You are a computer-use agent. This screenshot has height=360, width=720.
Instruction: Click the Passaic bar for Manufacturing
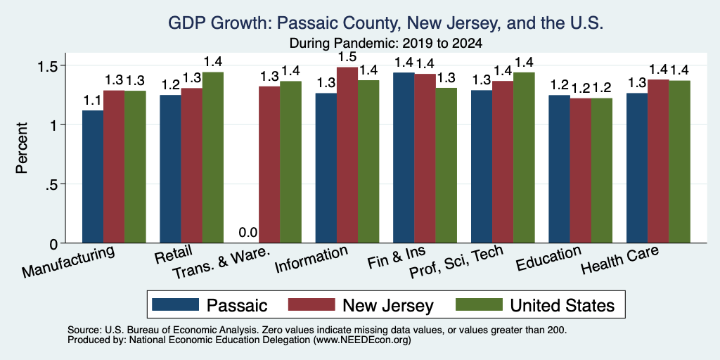pyautogui.click(x=92, y=176)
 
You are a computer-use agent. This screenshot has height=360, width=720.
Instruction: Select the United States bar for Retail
pyautogui.click(x=212, y=157)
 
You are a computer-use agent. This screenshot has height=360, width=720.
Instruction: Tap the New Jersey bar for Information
pyautogui.click(x=347, y=155)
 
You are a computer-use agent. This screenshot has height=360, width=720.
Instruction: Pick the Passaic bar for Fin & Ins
pyautogui.click(x=404, y=157)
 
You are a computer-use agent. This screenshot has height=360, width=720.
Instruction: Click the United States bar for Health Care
pyautogui.click(x=679, y=162)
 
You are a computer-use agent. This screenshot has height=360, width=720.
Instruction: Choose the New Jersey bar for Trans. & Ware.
pyautogui.click(x=269, y=165)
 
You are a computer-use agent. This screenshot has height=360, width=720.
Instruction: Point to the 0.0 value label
pyautogui.click(x=248, y=233)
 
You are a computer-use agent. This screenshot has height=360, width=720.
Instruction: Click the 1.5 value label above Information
pyautogui.click(x=347, y=57)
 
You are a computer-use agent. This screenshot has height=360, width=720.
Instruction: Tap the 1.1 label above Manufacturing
pyautogui.click(x=93, y=100)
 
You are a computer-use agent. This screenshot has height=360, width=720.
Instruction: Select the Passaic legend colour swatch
pyautogui.click(x=175, y=304)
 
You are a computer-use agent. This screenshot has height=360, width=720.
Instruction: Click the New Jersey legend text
pyautogui.click(x=388, y=305)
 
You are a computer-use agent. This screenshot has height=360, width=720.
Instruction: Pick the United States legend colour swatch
pyautogui.click(x=479, y=304)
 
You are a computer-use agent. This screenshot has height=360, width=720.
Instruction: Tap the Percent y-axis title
pyautogui.click(x=22, y=148)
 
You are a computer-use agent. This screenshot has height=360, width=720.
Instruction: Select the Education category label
pyautogui.click(x=548, y=258)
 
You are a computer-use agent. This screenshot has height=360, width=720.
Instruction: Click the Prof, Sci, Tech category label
pyautogui.click(x=456, y=262)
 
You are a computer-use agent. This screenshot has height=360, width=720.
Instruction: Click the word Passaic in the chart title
pyautogui.click(x=309, y=23)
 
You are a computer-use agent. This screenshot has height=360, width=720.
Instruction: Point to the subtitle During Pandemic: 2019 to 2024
pyautogui.click(x=386, y=44)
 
